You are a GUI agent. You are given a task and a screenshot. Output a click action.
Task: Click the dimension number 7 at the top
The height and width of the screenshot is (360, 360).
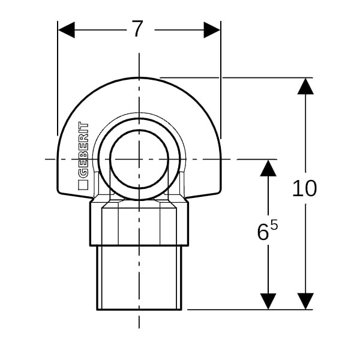(138, 29)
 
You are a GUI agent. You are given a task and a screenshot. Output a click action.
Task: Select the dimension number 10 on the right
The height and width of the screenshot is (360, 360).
(304, 188)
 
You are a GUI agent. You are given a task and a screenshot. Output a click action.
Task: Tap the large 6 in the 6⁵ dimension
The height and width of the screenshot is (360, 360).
(263, 232)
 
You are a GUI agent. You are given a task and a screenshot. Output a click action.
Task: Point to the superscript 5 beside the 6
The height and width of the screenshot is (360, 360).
(274, 225)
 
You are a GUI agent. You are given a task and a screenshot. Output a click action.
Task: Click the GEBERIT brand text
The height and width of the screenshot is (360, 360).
(83, 150)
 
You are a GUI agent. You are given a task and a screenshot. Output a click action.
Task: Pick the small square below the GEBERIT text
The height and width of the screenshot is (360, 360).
(83, 185)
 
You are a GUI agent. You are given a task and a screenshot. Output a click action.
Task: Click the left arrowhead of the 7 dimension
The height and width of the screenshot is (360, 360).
(67, 30)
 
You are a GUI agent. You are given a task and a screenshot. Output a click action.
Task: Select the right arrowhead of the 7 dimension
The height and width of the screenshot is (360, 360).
(212, 30)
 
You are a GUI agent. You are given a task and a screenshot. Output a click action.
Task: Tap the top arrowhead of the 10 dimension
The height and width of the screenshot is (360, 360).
(305, 86)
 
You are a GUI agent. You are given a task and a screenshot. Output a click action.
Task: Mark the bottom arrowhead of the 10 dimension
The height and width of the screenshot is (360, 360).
(305, 301)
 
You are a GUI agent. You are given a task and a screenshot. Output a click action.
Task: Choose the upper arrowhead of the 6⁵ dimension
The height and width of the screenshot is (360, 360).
(268, 168)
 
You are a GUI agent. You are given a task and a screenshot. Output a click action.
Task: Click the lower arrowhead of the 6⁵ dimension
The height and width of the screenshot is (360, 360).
(268, 301)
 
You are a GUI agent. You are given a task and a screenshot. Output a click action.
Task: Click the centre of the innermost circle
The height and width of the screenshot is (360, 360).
(139, 159)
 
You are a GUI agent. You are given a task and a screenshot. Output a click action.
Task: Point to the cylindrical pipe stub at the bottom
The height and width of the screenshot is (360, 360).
(139, 278)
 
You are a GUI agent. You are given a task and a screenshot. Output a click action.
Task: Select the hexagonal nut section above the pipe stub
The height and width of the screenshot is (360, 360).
(139, 222)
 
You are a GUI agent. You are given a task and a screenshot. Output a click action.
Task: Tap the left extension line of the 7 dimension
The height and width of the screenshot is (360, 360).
(58, 78)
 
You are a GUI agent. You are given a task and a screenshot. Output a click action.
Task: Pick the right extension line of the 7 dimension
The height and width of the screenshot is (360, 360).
(221, 80)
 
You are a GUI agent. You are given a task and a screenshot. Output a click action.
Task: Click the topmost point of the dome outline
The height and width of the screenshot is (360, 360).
(139, 77)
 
